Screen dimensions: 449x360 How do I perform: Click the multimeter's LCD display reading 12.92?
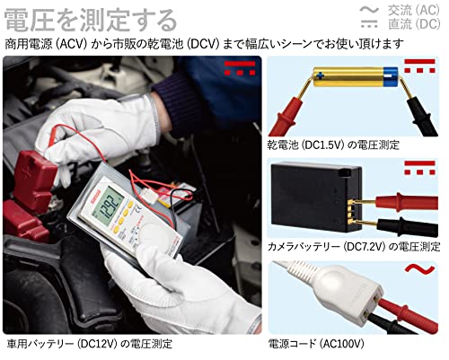(x=111, y=206)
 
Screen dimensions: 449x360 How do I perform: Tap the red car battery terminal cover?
(x=34, y=180)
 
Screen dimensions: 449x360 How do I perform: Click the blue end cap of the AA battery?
(x=391, y=77)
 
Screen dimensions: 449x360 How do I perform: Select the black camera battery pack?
(x=316, y=198)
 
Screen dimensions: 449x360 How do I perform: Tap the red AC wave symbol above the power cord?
(x=419, y=269)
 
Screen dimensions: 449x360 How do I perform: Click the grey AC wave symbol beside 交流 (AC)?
(x=369, y=10)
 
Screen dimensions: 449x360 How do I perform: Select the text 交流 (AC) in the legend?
(x=414, y=10)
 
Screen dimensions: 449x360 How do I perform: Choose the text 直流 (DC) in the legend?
(x=414, y=24)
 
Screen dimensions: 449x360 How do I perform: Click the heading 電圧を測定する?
(x=91, y=20)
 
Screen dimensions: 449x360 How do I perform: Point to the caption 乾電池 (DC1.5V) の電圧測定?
(x=333, y=145)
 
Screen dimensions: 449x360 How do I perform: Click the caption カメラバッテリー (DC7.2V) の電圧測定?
(x=354, y=247)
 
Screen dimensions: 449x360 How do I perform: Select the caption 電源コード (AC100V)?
(x=316, y=344)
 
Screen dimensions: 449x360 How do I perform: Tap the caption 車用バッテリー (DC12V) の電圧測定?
(x=89, y=344)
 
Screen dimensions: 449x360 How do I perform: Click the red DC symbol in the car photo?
(x=240, y=68)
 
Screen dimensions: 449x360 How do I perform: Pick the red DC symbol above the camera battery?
(x=419, y=168)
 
